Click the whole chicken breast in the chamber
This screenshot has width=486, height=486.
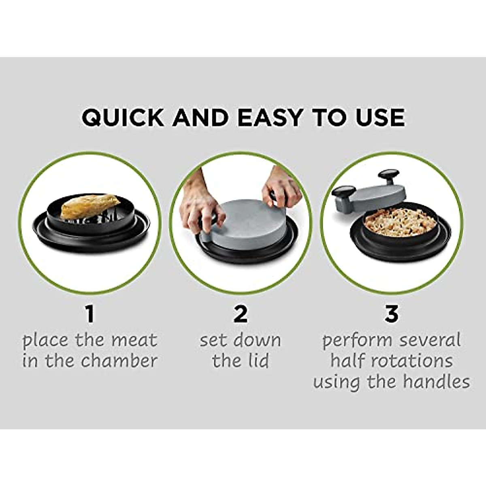point(90,205)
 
